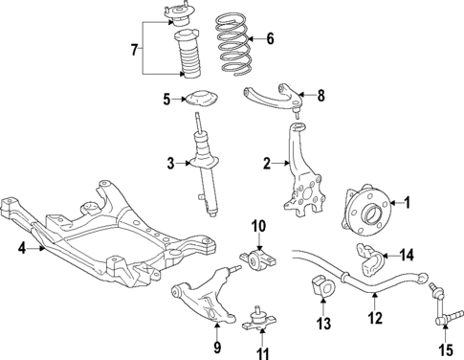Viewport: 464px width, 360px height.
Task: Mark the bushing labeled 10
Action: [257, 259]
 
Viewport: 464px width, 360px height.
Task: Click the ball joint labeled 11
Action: [258, 322]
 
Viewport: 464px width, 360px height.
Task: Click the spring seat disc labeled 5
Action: [201, 99]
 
